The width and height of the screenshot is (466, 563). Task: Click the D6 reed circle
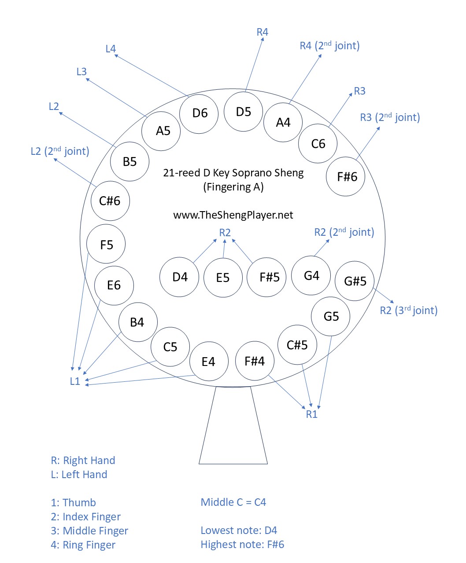pyautogui.click(x=200, y=113)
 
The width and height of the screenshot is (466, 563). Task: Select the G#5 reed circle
pyautogui.click(x=355, y=281)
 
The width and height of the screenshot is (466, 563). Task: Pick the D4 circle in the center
pyautogui.click(x=179, y=277)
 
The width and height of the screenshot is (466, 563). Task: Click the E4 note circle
pyautogui.click(x=208, y=362)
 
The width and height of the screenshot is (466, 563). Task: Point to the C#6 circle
pyautogui.click(x=110, y=201)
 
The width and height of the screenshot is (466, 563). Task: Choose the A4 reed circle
pyautogui.click(x=283, y=122)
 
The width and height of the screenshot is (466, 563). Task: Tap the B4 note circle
pyautogui.click(x=137, y=322)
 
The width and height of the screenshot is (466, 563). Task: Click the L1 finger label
pyautogui.click(x=75, y=381)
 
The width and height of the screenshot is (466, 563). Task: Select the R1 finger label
pyautogui.click(x=311, y=414)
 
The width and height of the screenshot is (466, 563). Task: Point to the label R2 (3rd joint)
pyautogui.click(x=408, y=311)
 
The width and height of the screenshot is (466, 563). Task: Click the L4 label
pyautogui.click(x=111, y=49)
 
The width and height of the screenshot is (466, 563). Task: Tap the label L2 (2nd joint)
pyautogui.click(x=60, y=151)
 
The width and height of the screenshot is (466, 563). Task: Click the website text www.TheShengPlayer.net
pyautogui.click(x=233, y=215)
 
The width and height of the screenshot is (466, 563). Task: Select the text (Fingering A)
pyautogui.click(x=233, y=187)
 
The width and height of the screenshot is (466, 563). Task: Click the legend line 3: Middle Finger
pyautogui.click(x=89, y=531)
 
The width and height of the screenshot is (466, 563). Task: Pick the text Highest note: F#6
pyautogui.click(x=242, y=545)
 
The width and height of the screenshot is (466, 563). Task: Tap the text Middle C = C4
pyautogui.click(x=233, y=502)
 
